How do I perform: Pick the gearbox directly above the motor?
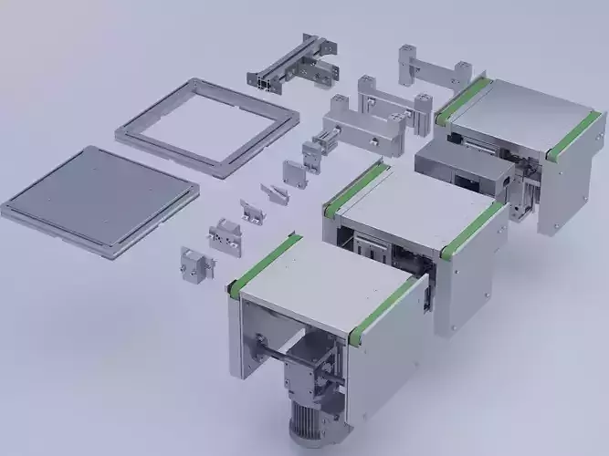tap(316, 369)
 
